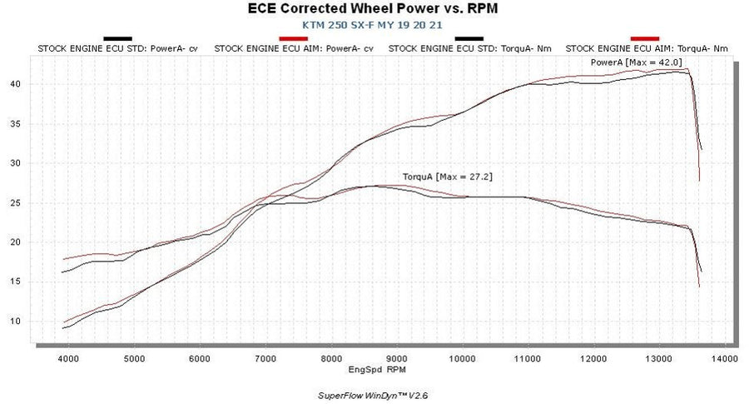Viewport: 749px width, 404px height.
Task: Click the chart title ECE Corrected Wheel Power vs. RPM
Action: tap(374, 9)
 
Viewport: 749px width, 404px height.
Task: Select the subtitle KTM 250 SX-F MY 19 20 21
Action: tap(374, 25)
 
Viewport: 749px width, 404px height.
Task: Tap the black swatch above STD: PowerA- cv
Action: tap(117, 38)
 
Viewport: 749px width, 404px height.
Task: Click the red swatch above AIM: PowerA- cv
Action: tap(293, 38)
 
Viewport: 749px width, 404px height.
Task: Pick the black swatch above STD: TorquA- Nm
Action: tap(469, 38)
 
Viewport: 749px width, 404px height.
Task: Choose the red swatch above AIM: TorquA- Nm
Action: tap(645, 38)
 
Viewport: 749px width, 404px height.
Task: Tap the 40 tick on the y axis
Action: tap(16, 84)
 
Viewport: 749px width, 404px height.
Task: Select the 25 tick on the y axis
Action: tap(16, 202)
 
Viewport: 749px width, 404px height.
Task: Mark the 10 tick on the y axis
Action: tap(16, 321)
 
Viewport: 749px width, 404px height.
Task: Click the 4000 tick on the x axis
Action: tap(68, 358)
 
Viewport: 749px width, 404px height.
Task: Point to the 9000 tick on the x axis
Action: tap(397, 358)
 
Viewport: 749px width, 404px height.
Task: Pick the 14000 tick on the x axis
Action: tap(724, 358)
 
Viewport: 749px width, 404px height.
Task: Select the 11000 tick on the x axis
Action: tap(528, 358)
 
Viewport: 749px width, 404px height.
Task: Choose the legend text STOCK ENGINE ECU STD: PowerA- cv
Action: tap(118, 48)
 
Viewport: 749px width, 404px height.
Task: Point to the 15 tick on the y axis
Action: tap(16, 282)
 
